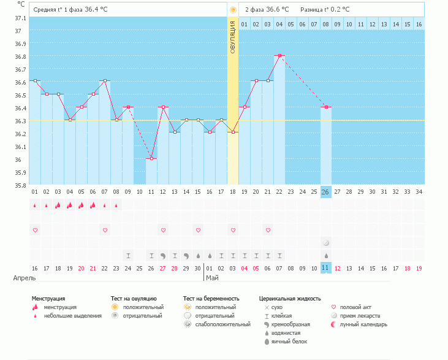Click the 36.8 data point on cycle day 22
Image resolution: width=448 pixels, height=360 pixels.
pyautogui.click(x=279, y=55)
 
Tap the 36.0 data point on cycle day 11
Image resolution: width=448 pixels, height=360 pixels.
pyautogui.click(x=151, y=158)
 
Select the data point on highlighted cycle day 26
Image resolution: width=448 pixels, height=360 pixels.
pyautogui.click(x=326, y=107)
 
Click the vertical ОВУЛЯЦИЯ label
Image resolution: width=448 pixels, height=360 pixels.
pyautogui.click(x=233, y=37)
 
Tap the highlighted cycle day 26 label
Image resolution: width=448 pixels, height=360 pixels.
pyautogui.click(x=326, y=191)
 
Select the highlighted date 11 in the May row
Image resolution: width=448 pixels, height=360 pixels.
pyautogui.click(x=326, y=268)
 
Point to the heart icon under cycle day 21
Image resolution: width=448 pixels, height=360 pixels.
pyautogui.click(x=268, y=230)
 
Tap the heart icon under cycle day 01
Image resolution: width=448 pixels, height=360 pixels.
pyautogui.click(x=35, y=230)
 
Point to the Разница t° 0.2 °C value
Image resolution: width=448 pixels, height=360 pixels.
pyautogui.click(x=325, y=10)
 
